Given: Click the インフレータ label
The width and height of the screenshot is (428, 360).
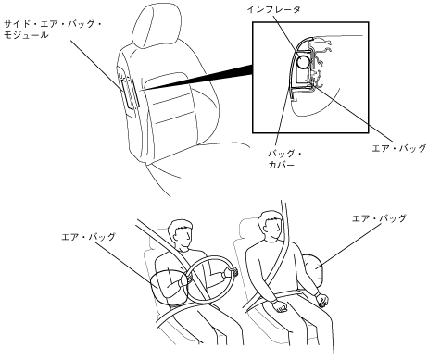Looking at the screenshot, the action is click(x=273, y=9).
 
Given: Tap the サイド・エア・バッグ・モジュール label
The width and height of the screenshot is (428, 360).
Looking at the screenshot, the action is click(x=53, y=30).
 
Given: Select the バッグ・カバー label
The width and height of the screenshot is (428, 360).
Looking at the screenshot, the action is click(x=284, y=159).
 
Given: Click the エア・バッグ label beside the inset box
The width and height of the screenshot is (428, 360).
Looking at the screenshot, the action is click(x=399, y=148).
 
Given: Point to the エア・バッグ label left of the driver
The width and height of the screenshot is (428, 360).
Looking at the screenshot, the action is click(x=88, y=237).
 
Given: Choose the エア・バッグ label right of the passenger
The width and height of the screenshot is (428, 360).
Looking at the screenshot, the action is click(x=379, y=218).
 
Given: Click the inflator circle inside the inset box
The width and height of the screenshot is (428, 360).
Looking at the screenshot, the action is click(x=304, y=63).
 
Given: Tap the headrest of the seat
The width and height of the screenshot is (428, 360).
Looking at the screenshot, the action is click(x=156, y=26).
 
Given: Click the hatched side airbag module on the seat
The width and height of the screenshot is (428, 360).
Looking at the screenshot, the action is click(x=130, y=93).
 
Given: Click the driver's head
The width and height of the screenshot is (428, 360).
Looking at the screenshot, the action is click(x=180, y=233).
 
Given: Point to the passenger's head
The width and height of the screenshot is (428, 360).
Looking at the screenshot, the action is click(x=270, y=225).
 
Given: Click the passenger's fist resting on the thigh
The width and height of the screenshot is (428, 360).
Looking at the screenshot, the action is click(x=281, y=306).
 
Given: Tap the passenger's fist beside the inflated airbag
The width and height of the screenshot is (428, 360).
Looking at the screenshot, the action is click(x=322, y=300).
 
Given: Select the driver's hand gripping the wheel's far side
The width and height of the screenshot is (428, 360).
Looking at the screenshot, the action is click(x=230, y=272).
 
